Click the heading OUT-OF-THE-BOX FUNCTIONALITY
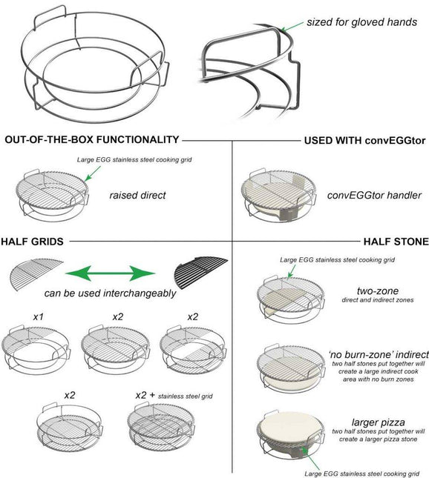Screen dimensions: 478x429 92,139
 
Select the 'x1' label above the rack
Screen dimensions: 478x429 38,316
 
